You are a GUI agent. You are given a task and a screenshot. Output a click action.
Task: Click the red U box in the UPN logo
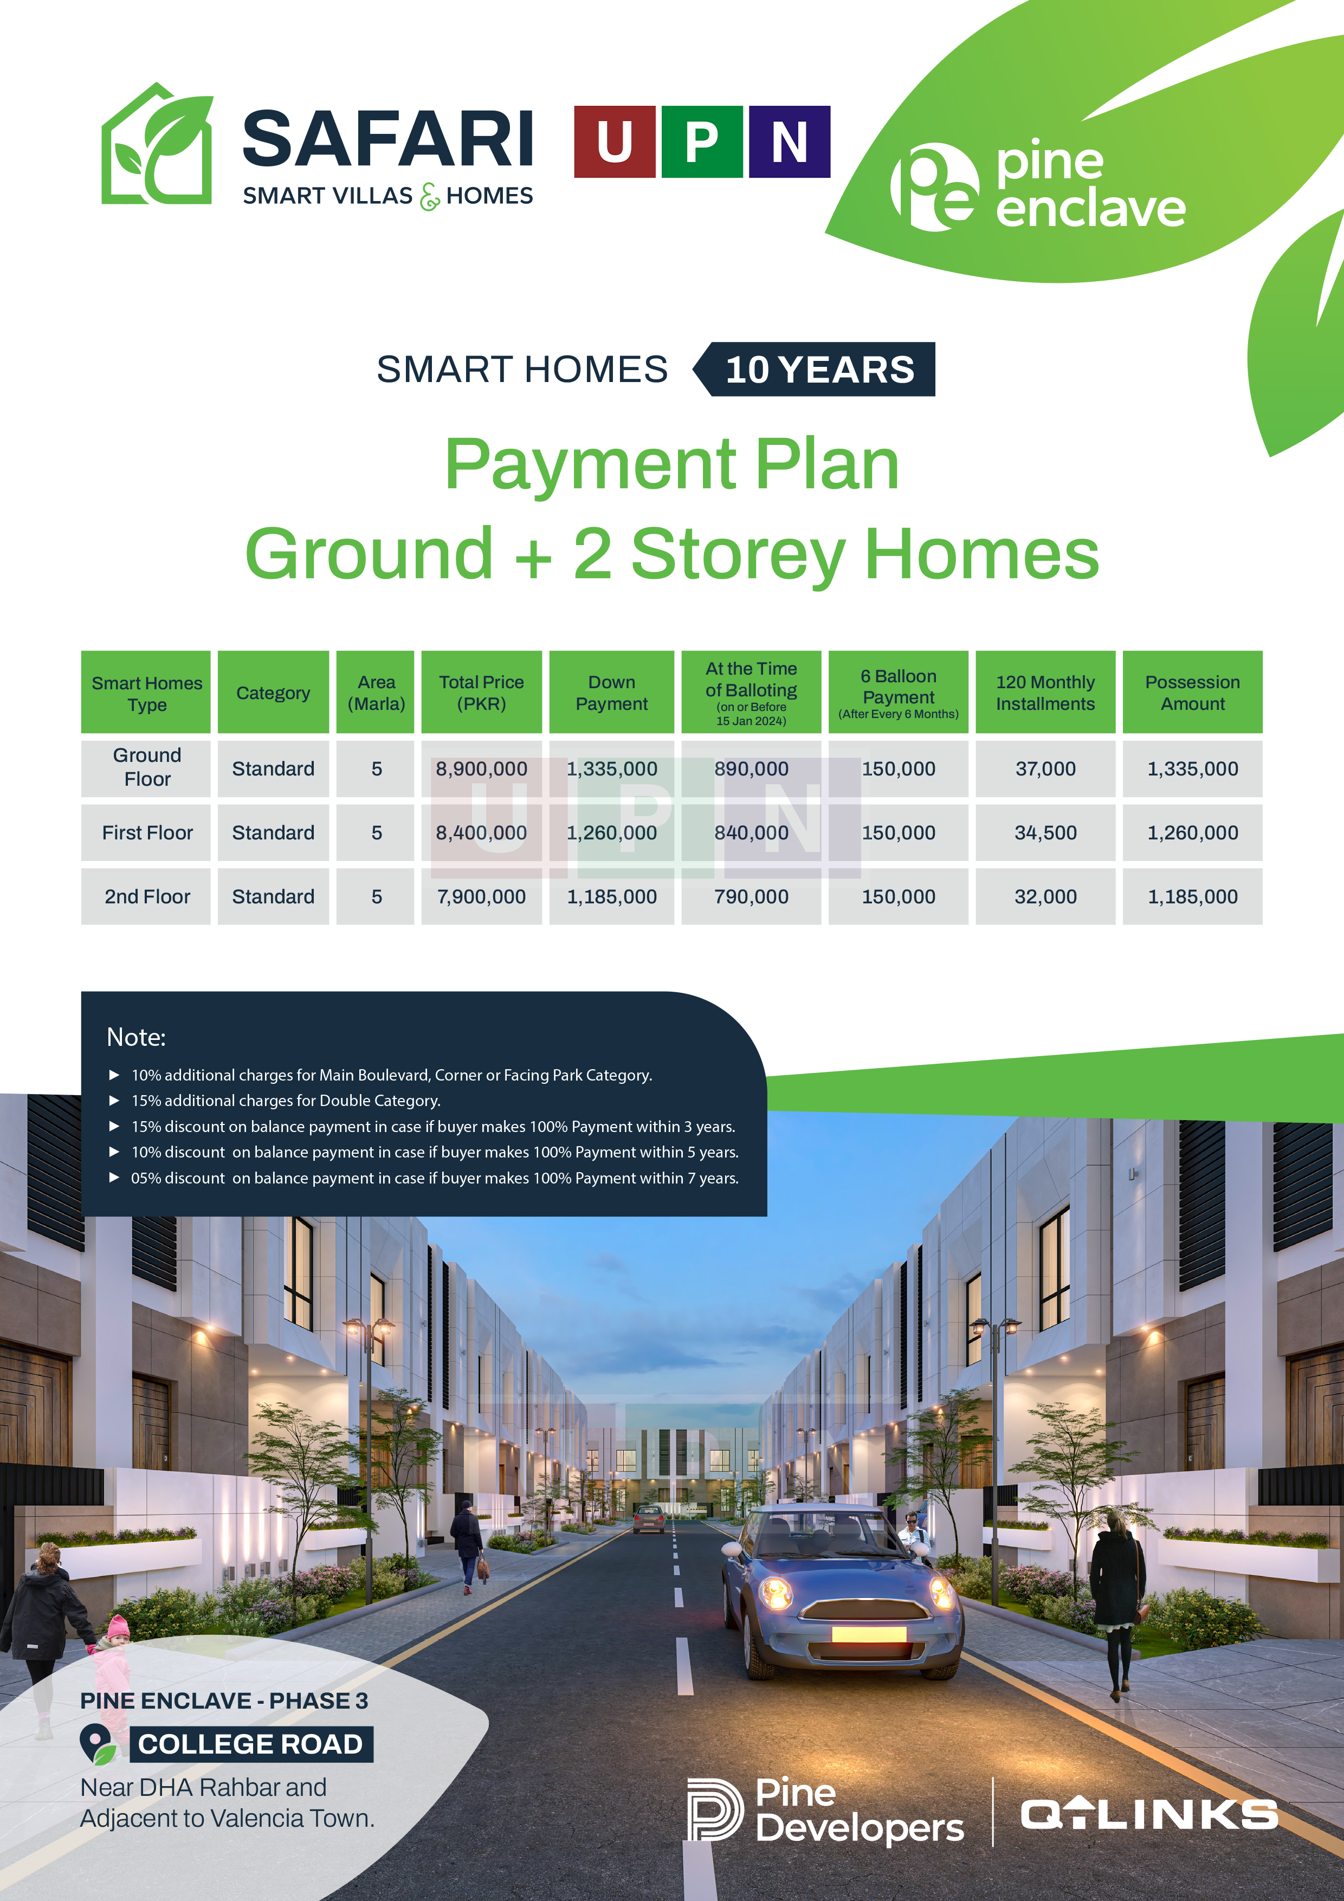[x=615, y=141]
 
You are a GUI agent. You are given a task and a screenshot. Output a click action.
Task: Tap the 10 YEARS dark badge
[x=815, y=369]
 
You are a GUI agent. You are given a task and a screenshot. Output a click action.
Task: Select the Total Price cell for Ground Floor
[x=481, y=769]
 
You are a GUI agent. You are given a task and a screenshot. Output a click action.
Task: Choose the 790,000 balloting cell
[x=751, y=897]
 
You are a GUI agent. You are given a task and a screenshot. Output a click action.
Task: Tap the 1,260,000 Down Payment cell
[x=612, y=833]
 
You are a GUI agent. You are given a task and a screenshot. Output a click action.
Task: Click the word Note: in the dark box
[x=136, y=1037]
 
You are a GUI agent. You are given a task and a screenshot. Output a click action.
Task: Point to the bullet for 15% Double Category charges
[x=114, y=1101]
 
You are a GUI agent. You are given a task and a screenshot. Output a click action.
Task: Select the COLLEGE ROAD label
[x=251, y=1744]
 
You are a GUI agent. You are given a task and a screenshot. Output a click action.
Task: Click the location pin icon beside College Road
[x=98, y=1744]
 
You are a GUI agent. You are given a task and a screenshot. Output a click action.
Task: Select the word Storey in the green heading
[x=739, y=555]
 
